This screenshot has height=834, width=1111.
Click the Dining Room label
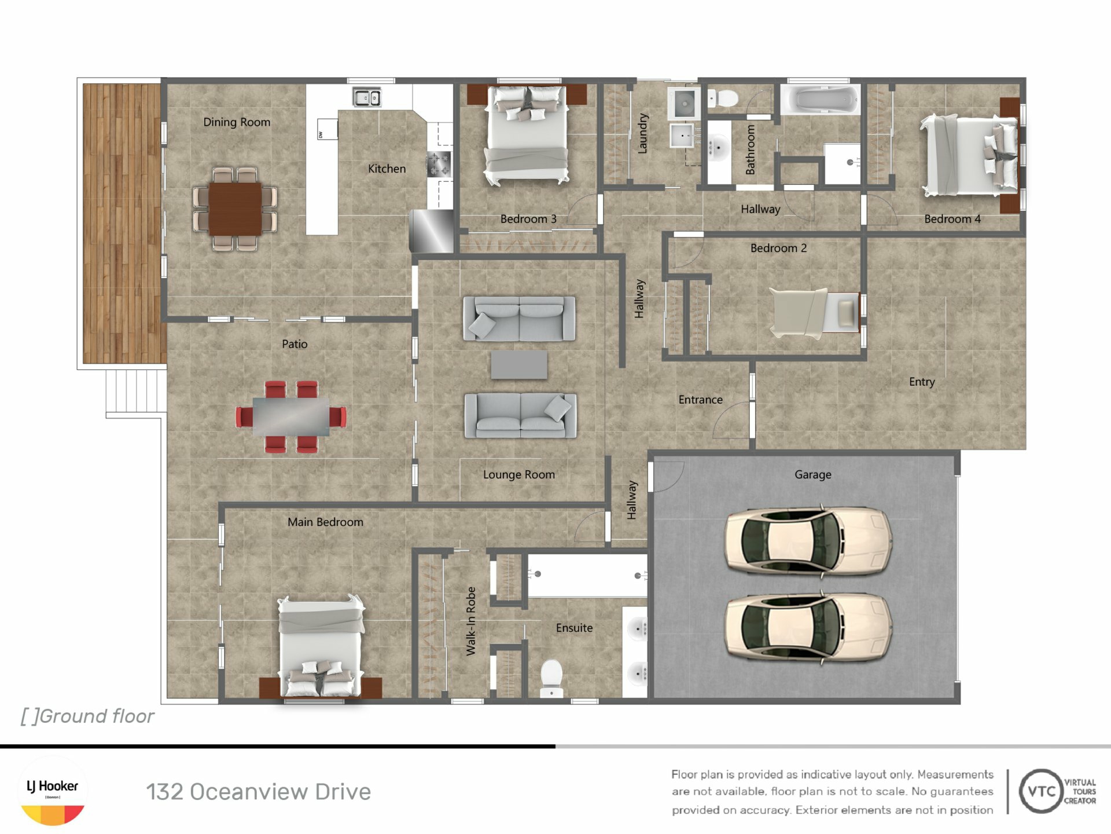pos(237,122)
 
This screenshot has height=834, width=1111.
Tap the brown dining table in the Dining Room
pos(235,209)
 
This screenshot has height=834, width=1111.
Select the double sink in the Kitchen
pos(367,97)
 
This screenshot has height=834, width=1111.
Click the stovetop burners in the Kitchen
pos(439,164)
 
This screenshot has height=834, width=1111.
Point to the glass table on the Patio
pos(291,416)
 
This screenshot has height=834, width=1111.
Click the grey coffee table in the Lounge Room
pos(519,364)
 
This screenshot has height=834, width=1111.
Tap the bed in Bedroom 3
pos(527,136)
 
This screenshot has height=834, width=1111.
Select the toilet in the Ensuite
pos(551,678)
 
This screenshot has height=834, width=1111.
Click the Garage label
pos(813,474)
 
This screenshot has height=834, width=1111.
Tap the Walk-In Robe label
pos(471,621)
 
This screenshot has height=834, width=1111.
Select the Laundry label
pos(642,133)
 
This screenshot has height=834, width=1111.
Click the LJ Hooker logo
pos(53,791)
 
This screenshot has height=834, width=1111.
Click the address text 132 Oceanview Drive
pos(258,792)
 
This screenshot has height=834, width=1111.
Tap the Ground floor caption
pos(87,716)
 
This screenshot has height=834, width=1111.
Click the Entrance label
pos(700,400)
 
